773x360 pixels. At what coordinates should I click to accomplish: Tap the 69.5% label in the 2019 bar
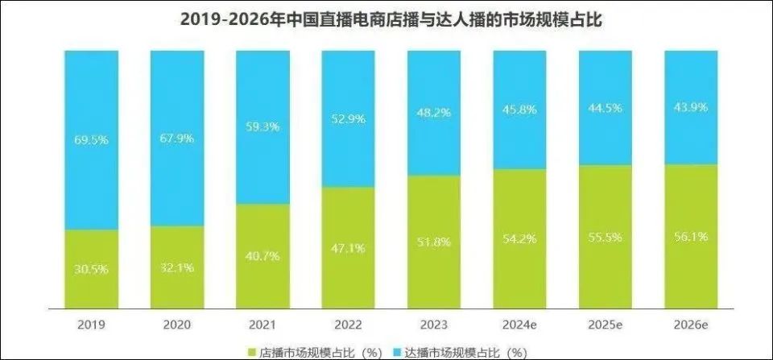coord(91,139)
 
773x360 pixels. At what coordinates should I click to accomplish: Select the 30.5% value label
coord(91,269)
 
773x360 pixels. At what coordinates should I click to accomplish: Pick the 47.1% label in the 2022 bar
coord(347,249)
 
